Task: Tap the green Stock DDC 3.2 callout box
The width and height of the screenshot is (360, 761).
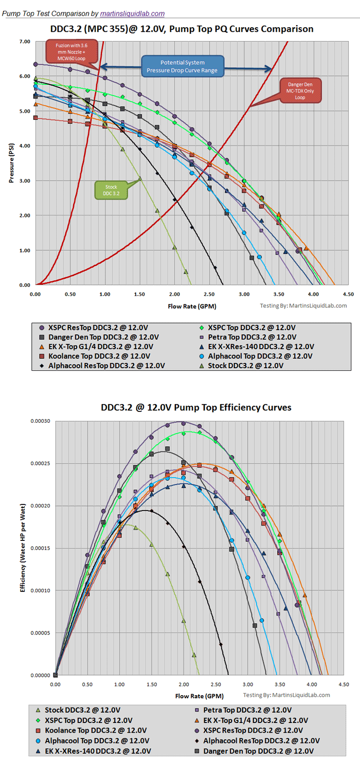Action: (x=112, y=190)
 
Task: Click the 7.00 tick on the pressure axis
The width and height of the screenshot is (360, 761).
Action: (x=25, y=41)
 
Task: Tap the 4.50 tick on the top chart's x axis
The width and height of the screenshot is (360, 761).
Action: (x=348, y=295)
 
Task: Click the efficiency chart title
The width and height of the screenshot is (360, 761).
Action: (x=196, y=407)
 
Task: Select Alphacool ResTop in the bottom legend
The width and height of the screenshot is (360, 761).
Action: (x=261, y=740)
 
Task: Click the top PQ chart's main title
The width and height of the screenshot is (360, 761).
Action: (x=182, y=29)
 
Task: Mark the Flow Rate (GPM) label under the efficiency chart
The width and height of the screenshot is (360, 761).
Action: (x=196, y=696)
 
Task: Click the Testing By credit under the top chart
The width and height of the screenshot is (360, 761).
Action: (x=303, y=305)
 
